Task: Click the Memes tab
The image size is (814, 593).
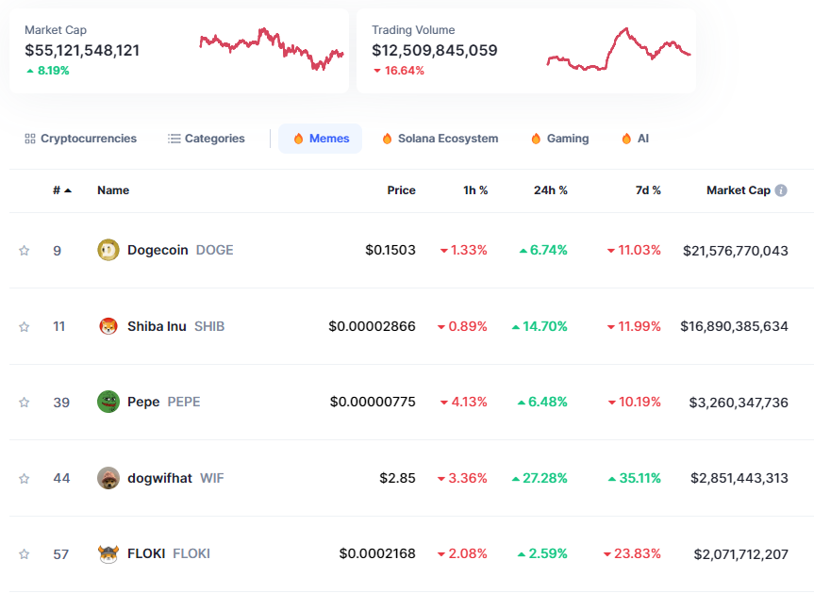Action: pyautogui.click(x=320, y=139)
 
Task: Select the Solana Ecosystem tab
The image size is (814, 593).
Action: pyautogui.click(x=440, y=139)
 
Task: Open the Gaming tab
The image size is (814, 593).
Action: pyautogui.click(x=559, y=139)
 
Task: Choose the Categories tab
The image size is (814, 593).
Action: pyautogui.click(x=207, y=139)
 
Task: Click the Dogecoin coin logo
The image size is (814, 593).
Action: pyautogui.click(x=108, y=250)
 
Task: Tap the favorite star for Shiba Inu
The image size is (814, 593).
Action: pyautogui.click(x=25, y=326)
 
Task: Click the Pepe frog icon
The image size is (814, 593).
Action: pyautogui.click(x=108, y=402)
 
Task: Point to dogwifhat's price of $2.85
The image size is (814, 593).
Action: pyautogui.click(x=397, y=478)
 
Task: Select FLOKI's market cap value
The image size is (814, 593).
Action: pyautogui.click(x=740, y=554)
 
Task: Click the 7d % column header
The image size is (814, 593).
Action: pyautogui.click(x=648, y=190)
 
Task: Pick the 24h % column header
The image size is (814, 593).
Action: pyautogui.click(x=551, y=190)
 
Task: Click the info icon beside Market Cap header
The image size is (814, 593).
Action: pyautogui.click(x=781, y=190)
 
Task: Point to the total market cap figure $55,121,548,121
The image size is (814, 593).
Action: pyautogui.click(x=82, y=50)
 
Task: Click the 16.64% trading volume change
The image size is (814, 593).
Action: pyautogui.click(x=404, y=71)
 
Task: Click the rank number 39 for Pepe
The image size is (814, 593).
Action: pyautogui.click(x=61, y=403)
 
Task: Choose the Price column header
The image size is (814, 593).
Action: pyautogui.click(x=401, y=190)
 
